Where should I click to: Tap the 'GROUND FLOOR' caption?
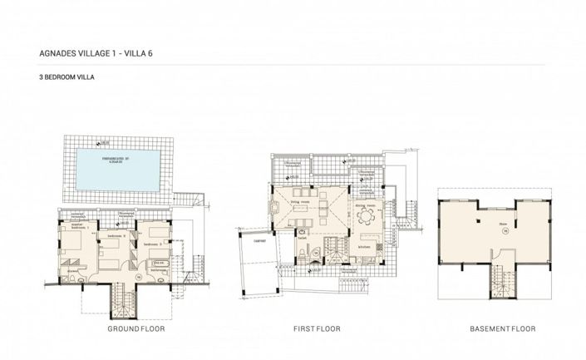click(x=135, y=329)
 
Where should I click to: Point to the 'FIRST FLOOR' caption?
click(x=317, y=329)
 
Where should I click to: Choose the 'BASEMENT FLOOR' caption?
click(x=496, y=329)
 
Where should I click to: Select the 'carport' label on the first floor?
click(x=249, y=234)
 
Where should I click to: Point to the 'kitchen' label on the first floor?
click(x=366, y=247)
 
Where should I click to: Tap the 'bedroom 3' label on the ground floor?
click(x=153, y=244)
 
